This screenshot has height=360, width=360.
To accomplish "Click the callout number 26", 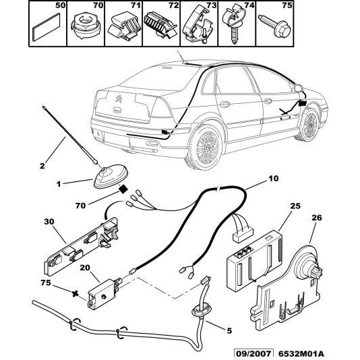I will coord(316,218).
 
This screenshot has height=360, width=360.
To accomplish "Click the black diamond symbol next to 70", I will coord(123,191).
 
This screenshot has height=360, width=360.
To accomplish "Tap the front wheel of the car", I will coord(309,123).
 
